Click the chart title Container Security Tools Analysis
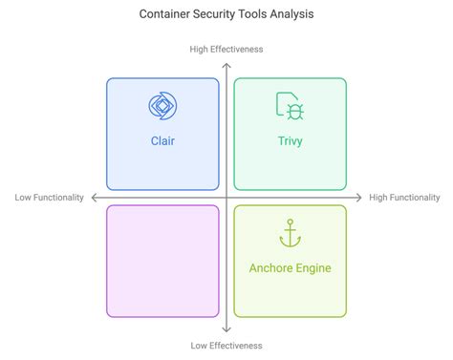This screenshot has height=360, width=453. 226,14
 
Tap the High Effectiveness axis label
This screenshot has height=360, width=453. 226,49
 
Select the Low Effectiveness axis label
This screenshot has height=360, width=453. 226,346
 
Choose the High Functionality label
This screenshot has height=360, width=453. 404,198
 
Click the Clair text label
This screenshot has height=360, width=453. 162,140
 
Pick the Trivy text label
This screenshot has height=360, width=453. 290,140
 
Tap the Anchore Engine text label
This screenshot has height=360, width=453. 290,267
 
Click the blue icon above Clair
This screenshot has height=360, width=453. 162,105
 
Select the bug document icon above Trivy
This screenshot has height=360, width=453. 290,105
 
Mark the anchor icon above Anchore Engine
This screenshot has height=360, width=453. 290,233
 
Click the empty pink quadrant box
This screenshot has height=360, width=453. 162,261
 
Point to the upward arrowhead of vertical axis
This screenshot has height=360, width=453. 226,62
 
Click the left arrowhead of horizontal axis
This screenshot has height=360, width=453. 92,198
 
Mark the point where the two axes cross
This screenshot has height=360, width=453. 226,198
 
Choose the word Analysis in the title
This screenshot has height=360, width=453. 290,14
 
